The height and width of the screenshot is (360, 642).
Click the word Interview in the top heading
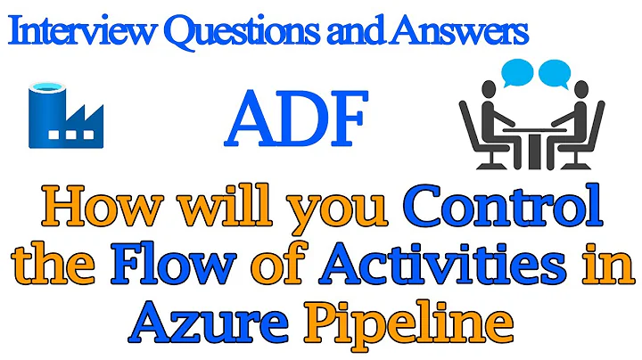(73, 34)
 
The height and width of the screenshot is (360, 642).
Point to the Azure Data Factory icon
(64, 115)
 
